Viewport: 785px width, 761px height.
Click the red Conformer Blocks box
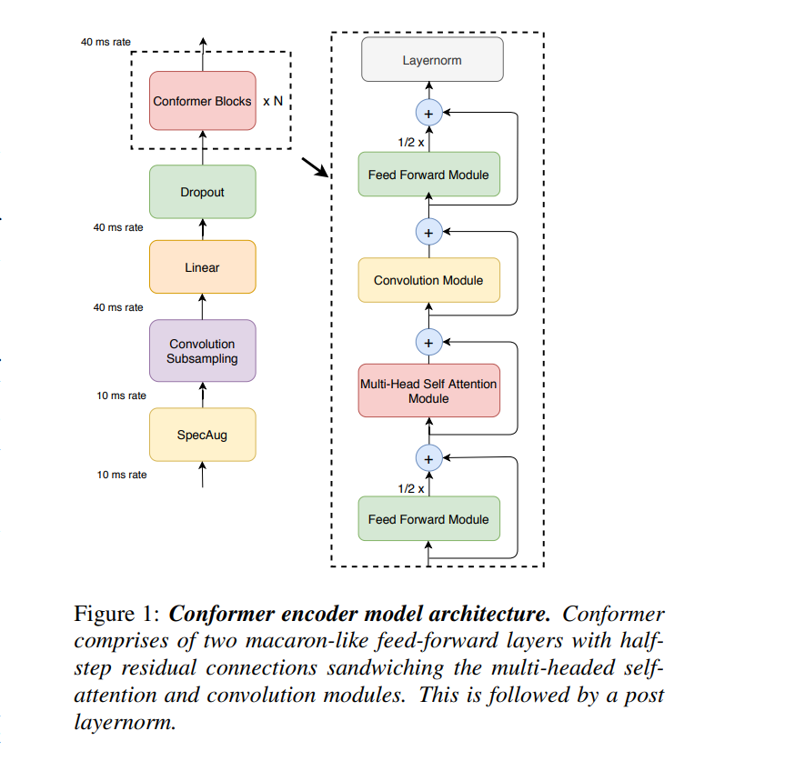tap(202, 101)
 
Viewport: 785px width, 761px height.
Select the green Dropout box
tap(202, 192)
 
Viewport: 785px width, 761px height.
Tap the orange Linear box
tap(202, 267)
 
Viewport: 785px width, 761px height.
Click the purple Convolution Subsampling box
tap(202, 351)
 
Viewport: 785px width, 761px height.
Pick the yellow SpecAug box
tap(202, 435)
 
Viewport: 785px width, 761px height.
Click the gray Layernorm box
tap(431, 60)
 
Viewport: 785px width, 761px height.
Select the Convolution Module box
tap(428, 280)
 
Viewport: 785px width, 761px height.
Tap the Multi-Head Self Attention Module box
tap(428, 391)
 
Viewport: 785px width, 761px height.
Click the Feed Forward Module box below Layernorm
tap(428, 174)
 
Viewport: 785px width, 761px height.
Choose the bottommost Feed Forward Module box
tap(428, 519)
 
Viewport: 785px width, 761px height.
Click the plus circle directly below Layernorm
tap(428, 113)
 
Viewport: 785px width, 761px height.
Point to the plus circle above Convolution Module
tap(428, 232)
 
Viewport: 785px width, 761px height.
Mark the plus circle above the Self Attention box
tap(428, 342)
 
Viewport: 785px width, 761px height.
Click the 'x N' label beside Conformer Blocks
tap(273, 102)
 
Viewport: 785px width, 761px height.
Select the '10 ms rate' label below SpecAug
tap(121, 475)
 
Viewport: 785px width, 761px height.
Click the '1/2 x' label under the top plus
tap(410, 143)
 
